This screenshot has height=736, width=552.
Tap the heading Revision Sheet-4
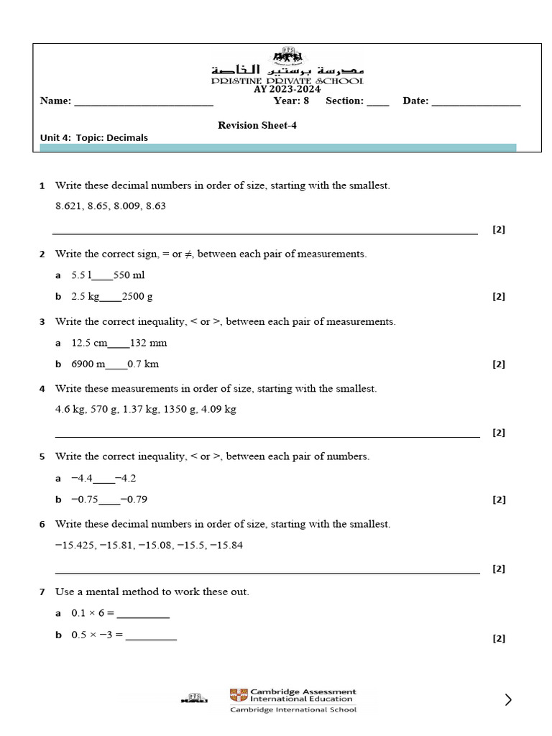(x=257, y=125)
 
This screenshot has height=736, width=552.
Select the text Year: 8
(x=290, y=101)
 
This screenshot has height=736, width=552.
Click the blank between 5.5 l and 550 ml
(x=103, y=276)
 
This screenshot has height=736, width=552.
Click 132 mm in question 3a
(x=148, y=343)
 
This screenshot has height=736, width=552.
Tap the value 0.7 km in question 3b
(x=144, y=364)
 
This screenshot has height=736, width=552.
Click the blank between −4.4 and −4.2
(x=104, y=479)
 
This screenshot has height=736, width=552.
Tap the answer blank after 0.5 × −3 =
(x=151, y=636)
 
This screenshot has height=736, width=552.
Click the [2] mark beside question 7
(x=499, y=638)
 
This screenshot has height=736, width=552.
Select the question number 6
(x=42, y=525)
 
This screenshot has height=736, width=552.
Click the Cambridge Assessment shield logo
(x=238, y=695)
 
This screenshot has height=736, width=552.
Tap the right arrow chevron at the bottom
(x=508, y=699)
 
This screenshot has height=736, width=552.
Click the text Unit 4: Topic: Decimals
(x=94, y=138)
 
